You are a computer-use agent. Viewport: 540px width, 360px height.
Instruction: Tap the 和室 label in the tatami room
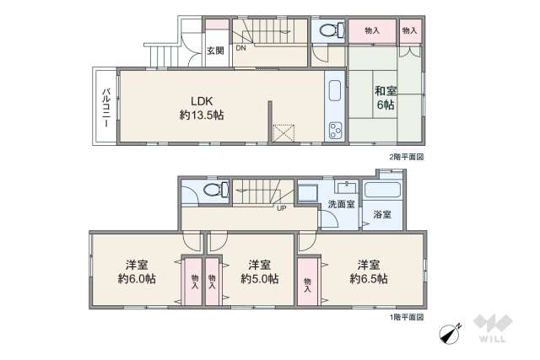pos(384,90)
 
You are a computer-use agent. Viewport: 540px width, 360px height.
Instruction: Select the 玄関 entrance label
pos(215,50)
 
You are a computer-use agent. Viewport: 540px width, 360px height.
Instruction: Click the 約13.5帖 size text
pos(201,114)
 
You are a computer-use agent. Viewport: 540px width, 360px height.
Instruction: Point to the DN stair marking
pos(240,48)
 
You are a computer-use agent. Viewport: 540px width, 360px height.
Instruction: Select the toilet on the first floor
pos(211,191)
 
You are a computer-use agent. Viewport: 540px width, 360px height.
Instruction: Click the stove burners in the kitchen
pos(334,130)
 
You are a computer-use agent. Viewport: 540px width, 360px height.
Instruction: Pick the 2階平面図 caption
pos(406,157)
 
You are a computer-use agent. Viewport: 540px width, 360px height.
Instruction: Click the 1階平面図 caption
pos(406,316)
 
